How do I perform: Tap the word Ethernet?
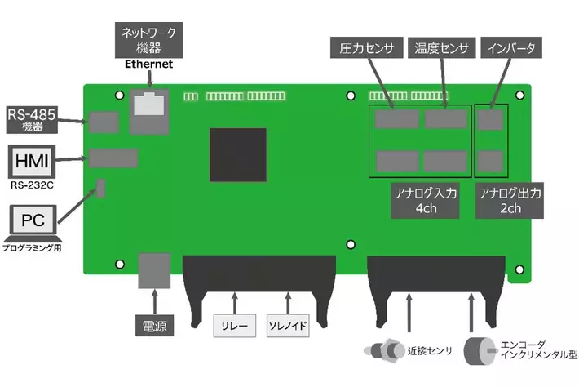[x=148, y=63]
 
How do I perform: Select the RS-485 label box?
[x=30, y=119]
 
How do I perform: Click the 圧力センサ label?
[x=366, y=50]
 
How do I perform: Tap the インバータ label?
[x=509, y=50]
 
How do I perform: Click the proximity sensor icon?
[x=381, y=352]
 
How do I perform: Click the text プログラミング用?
[x=33, y=246]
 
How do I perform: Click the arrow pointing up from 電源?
[x=151, y=301]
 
